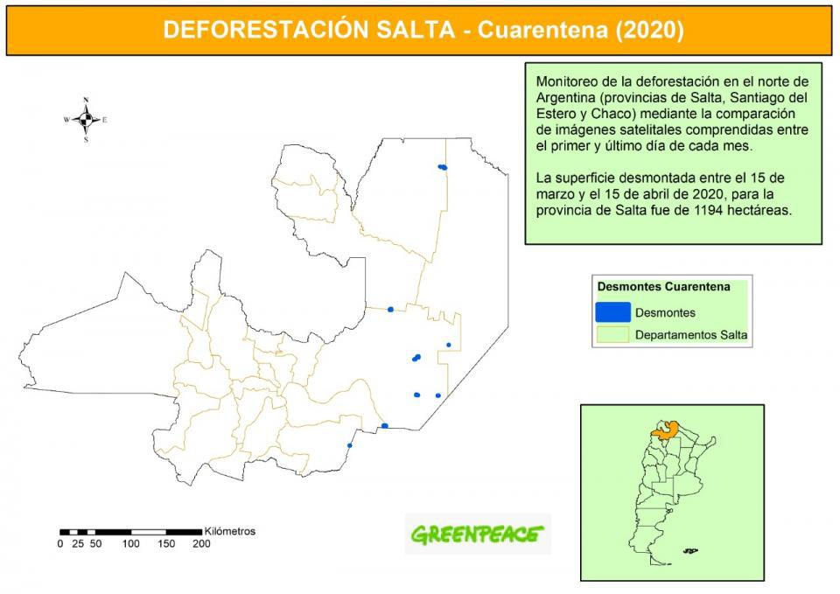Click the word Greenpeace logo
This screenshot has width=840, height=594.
tap(477, 533)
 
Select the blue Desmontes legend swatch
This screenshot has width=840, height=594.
tap(612, 311)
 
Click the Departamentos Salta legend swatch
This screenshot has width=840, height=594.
tap(612, 334)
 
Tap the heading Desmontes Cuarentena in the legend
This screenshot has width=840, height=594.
tap(663, 286)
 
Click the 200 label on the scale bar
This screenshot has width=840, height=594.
tap(200, 543)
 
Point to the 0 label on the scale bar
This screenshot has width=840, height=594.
tap(60, 543)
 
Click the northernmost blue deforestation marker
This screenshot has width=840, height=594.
tap(443, 166)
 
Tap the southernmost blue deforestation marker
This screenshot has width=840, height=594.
tap(350, 445)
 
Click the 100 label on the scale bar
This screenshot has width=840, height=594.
tap(130, 543)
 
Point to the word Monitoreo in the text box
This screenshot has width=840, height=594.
tap(566, 81)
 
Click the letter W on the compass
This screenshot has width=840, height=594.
tap(66, 120)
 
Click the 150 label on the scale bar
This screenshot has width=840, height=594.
tap(165, 543)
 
